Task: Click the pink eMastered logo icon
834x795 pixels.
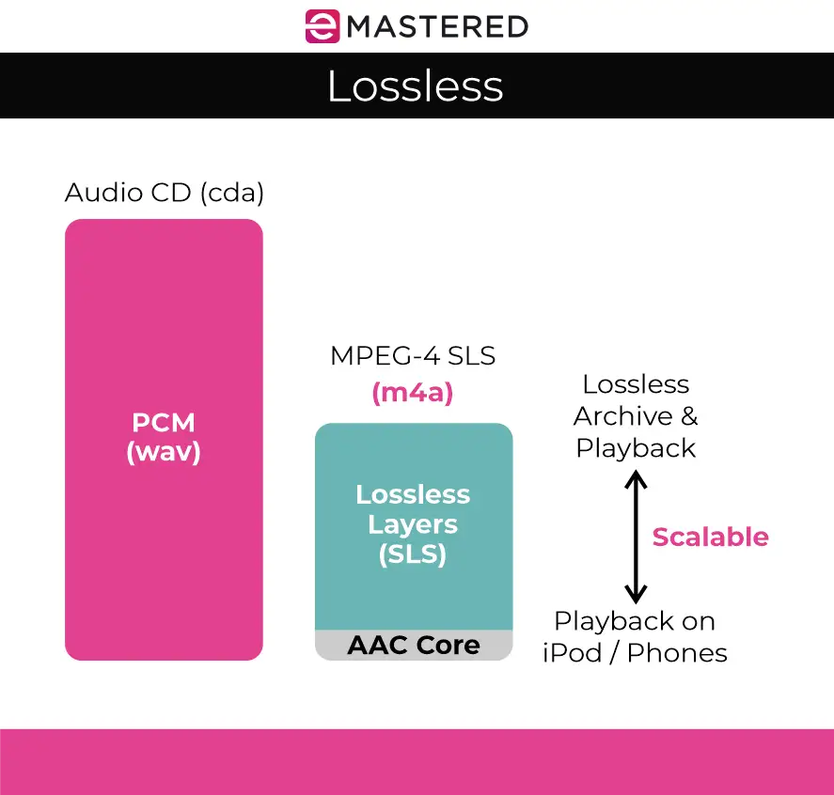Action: (x=323, y=26)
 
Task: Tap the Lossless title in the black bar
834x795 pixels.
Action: (x=416, y=86)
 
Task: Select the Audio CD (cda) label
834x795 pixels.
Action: (x=165, y=194)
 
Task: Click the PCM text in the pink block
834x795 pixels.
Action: (x=164, y=422)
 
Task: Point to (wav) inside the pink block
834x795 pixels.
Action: (x=164, y=453)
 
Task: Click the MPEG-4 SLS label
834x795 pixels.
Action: (x=413, y=356)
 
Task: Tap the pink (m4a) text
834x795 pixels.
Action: (x=413, y=393)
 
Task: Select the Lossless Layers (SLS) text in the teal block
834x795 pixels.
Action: (x=413, y=524)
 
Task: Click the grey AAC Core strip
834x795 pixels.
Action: (x=414, y=646)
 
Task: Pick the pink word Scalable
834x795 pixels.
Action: (x=710, y=538)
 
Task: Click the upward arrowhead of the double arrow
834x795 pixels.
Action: (x=637, y=479)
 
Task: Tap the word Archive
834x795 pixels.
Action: (x=624, y=416)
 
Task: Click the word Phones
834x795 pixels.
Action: (x=677, y=652)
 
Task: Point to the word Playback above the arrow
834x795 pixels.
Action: (x=636, y=448)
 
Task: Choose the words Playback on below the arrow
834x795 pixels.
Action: (x=635, y=621)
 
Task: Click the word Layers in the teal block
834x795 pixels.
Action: (x=413, y=524)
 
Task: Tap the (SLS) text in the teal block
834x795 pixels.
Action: (x=413, y=554)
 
